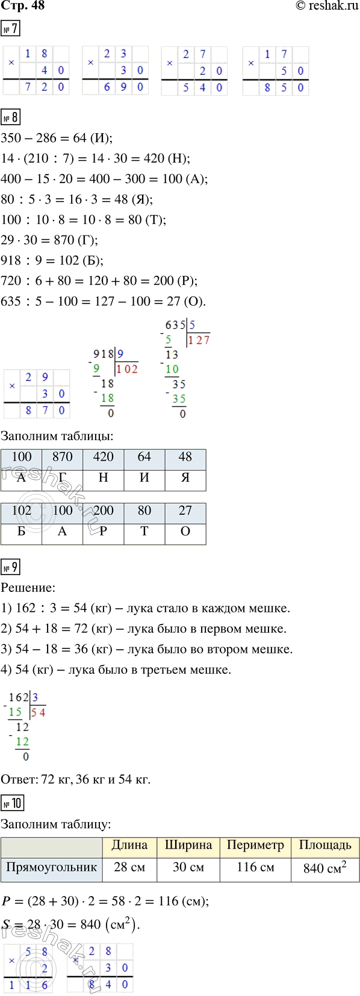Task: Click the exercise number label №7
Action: [x=11, y=29]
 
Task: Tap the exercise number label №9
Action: [x=11, y=567]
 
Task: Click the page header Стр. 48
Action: [x=23, y=6]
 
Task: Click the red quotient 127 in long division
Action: [x=199, y=340]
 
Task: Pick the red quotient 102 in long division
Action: [x=127, y=369]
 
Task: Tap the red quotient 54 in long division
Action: [x=38, y=712]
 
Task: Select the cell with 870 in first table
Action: [x=63, y=457]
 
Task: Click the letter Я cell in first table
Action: [x=185, y=478]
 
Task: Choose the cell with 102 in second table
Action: [x=22, y=511]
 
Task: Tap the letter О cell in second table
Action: [x=185, y=532]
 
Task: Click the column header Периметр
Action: [x=255, y=845]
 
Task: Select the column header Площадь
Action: [x=325, y=845]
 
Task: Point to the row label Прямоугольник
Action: [x=52, y=868]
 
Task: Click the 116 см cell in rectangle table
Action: [x=255, y=868]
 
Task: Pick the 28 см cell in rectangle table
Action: [x=129, y=868]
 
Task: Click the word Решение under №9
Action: [x=28, y=588]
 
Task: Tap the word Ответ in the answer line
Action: [x=19, y=779]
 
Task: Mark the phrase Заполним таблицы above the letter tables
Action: [x=57, y=436]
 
